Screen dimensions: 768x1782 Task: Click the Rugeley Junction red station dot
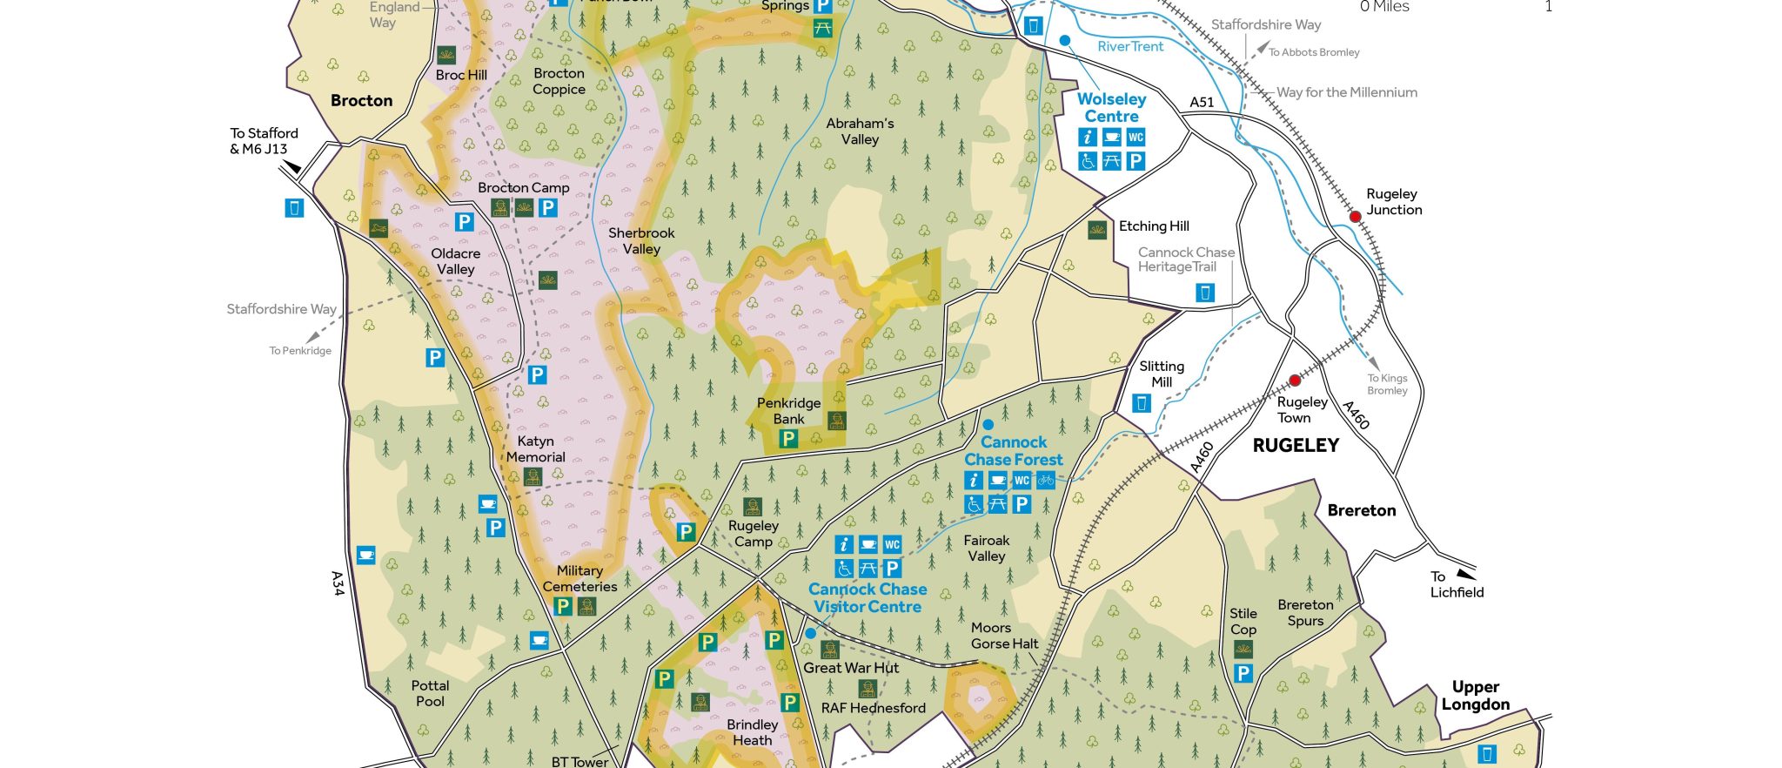click(x=1355, y=216)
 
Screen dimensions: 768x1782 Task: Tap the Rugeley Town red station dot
click(x=1295, y=381)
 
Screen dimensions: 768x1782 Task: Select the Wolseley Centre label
click(x=1111, y=108)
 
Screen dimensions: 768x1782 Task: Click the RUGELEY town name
click(x=1296, y=446)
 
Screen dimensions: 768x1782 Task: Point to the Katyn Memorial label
click(x=535, y=449)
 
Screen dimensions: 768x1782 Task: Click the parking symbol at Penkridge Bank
click(x=788, y=439)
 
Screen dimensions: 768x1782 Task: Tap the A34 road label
click(x=338, y=583)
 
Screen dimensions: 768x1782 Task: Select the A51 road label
click(x=1202, y=102)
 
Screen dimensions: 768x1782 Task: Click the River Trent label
click(x=1129, y=47)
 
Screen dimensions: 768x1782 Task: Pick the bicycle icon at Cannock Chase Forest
click(x=1045, y=480)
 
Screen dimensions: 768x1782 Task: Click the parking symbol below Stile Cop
click(x=1243, y=673)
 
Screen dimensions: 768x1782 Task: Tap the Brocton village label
click(x=361, y=101)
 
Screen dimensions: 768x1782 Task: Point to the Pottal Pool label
click(x=430, y=694)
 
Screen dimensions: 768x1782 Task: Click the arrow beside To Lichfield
click(x=1466, y=574)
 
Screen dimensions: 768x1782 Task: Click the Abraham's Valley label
click(x=860, y=131)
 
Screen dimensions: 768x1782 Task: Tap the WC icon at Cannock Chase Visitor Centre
click(x=892, y=545)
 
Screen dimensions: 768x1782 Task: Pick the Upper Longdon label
click(x=1475, y=696)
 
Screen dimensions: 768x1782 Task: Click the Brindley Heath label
click(x=752, y=732)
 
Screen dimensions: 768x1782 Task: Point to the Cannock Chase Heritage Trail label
click(x=1185, y=259)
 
